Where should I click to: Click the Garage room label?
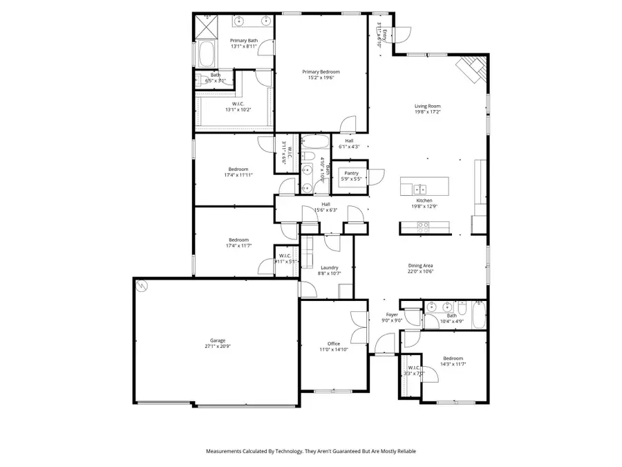coord(218,340)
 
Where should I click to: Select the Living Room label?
coord(428,105)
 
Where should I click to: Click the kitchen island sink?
coord(420,189)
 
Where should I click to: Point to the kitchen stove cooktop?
coord(422,225)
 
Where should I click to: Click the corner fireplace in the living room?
coord(473,68)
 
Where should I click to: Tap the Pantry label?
coord(352,173)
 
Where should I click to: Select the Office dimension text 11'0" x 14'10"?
coord(333,349)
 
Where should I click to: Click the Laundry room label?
coord(329,267)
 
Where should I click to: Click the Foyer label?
coord(392,314)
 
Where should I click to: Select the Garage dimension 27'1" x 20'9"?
coord(218,346)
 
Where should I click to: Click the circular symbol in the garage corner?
coord(142,285)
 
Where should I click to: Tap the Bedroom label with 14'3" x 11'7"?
coord(453,358)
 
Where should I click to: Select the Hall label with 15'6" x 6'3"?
coord(325,203)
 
